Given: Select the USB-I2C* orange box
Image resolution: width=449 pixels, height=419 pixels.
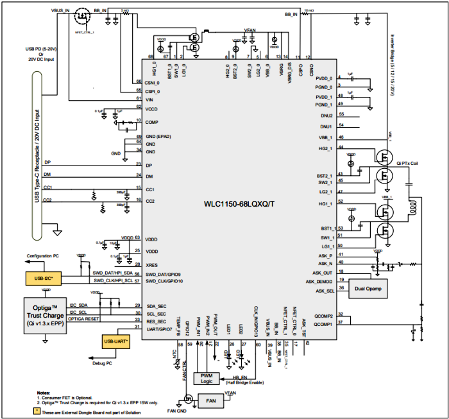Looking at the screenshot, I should tap(42, 278).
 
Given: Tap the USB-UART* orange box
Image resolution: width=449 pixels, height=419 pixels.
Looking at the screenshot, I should tap(115, 341).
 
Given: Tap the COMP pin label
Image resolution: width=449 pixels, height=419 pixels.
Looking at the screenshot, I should tap(151, 121).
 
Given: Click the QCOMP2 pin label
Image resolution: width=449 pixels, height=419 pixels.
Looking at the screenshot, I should tap(323, 316).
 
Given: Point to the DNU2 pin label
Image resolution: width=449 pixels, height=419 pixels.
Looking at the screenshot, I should tap(326, 115).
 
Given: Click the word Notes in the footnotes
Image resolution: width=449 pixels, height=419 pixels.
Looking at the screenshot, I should tap(43, 392).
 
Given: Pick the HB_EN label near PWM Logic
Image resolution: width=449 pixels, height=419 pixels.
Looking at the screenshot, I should tap(240, 378).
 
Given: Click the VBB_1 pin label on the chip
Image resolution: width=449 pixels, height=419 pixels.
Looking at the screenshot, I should tap(326, 137).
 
